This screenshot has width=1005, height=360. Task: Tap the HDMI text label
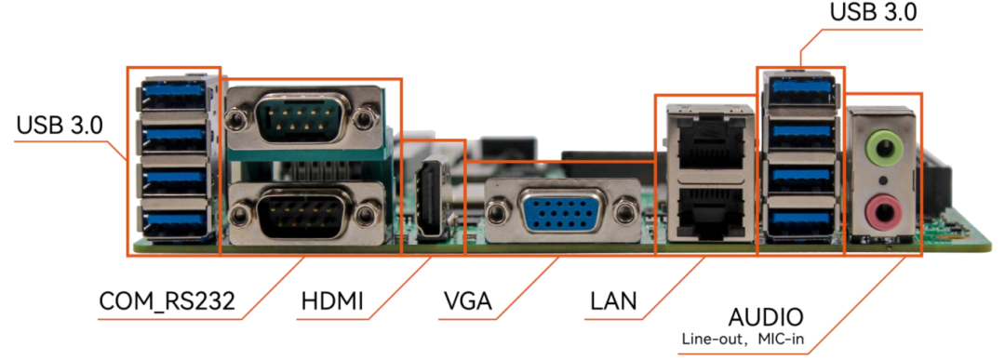click(x=332, y=300)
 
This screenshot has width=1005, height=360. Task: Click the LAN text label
click(x=612, y=300)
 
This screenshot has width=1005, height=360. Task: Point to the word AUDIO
click(x=766, y=318)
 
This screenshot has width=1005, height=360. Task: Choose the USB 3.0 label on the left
click(x=60, y=125)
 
